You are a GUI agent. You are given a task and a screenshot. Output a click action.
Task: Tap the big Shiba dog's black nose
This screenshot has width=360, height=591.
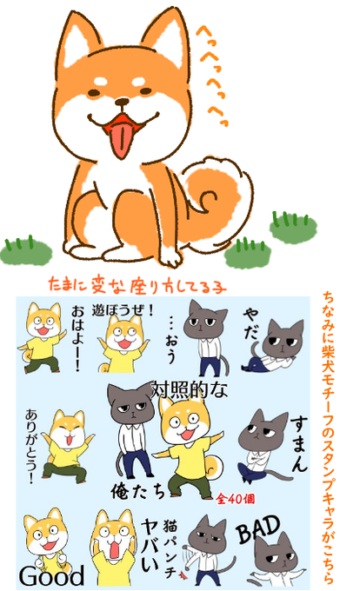pyautogui.click(x=122, y=102)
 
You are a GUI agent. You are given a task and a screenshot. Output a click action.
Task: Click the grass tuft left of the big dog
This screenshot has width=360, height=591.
pyautogui.click(x=25, y=250)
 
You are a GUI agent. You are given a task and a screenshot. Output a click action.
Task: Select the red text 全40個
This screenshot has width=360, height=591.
pyautogui.click(x=236, y=499)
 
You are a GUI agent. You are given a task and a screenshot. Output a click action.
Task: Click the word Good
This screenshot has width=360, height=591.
pyautogui.click(x=52, y=576)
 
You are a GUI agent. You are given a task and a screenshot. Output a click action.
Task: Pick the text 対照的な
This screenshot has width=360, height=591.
pyautogui.click(x=190, y=389)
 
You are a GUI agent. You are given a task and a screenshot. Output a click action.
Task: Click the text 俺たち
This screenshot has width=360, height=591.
pyautogui.click(x=138, y=490)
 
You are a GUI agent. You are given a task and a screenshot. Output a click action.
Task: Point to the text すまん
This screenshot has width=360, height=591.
pyautogui.click(x=299, y=444)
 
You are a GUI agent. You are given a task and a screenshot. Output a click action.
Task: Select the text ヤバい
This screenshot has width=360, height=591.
pyautogui.click(x=150, y=546)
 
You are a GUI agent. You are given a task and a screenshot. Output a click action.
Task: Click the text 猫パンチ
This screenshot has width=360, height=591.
pyautogui.click(x=170, y=549)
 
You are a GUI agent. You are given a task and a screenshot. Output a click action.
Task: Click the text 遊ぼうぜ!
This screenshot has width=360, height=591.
pyautogui.click(x=123, y=311)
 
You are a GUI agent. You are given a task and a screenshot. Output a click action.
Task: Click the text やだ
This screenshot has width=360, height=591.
pyautogui.click(x=251, y=322)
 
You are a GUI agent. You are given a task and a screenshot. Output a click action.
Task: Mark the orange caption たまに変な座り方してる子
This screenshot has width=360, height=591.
pyautogui.click(x=137, y=285)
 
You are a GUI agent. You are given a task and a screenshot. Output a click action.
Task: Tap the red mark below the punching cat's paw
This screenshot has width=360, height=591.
pyautogui.click(x=184, y=575)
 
